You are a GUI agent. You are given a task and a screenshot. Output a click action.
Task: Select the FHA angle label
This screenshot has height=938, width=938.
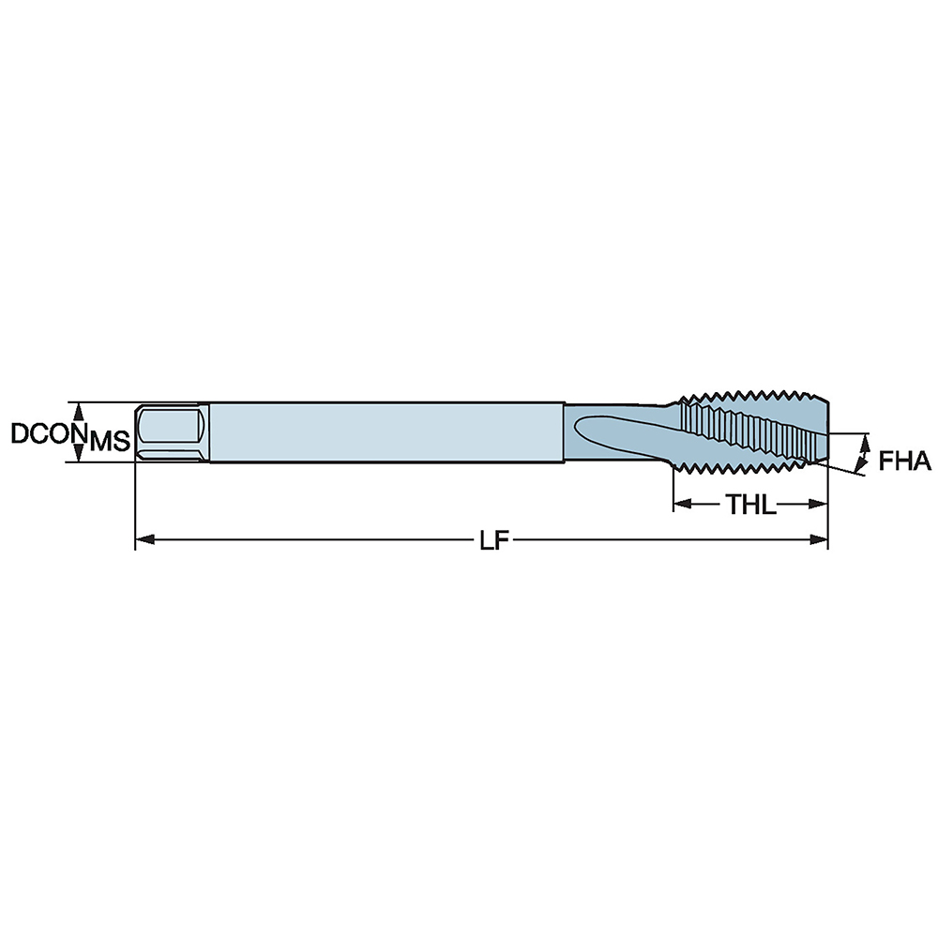tap(904, 461)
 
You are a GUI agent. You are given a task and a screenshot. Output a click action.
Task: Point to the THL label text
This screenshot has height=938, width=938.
tap(750, 506)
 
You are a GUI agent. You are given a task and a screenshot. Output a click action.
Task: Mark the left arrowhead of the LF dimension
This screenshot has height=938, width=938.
tap(144, 540)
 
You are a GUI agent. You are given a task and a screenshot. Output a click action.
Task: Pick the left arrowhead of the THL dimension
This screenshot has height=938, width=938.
tap(681, 505)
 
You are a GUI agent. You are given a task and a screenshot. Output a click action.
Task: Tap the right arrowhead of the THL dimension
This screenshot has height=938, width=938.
tap(821, 505)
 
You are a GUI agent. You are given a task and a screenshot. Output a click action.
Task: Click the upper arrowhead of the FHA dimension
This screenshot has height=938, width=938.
tap(864, 440)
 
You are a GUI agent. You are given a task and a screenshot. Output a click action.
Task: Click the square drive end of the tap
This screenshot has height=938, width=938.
tap(172, 431)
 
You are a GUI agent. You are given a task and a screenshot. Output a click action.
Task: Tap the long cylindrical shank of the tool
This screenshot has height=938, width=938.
tap(385, 432)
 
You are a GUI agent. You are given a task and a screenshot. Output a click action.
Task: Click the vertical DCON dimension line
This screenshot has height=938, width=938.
tap(80, 431)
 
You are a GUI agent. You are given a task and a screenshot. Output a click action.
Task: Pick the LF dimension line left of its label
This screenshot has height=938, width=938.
tap(310, 540)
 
